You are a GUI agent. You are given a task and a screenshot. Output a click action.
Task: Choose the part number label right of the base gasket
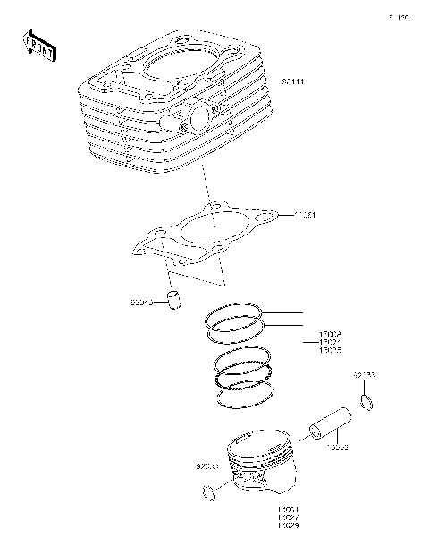click(307, 216)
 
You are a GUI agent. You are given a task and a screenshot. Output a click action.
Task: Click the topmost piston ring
click(233, 314)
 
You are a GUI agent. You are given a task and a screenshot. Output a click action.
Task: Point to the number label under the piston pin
click(336, 445)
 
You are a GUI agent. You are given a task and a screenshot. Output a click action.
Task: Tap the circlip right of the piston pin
click(366, 404)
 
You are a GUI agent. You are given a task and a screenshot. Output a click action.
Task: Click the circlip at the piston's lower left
click(209, 491)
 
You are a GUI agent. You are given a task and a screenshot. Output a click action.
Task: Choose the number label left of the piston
click(207, 465)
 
